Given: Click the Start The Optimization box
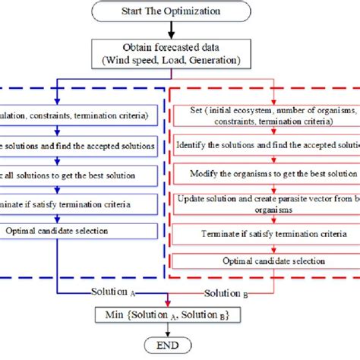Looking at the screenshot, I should (x=170, y=12).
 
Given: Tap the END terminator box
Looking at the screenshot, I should (x=170, y=344).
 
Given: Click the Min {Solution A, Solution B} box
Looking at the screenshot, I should (x=170, y=314).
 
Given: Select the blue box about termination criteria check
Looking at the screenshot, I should (x=76, y=204).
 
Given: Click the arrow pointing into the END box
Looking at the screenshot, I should (x=170, y=330).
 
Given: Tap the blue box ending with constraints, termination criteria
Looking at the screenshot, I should (x=76, y=117).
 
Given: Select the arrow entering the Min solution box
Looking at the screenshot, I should (x=170, y=300).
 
